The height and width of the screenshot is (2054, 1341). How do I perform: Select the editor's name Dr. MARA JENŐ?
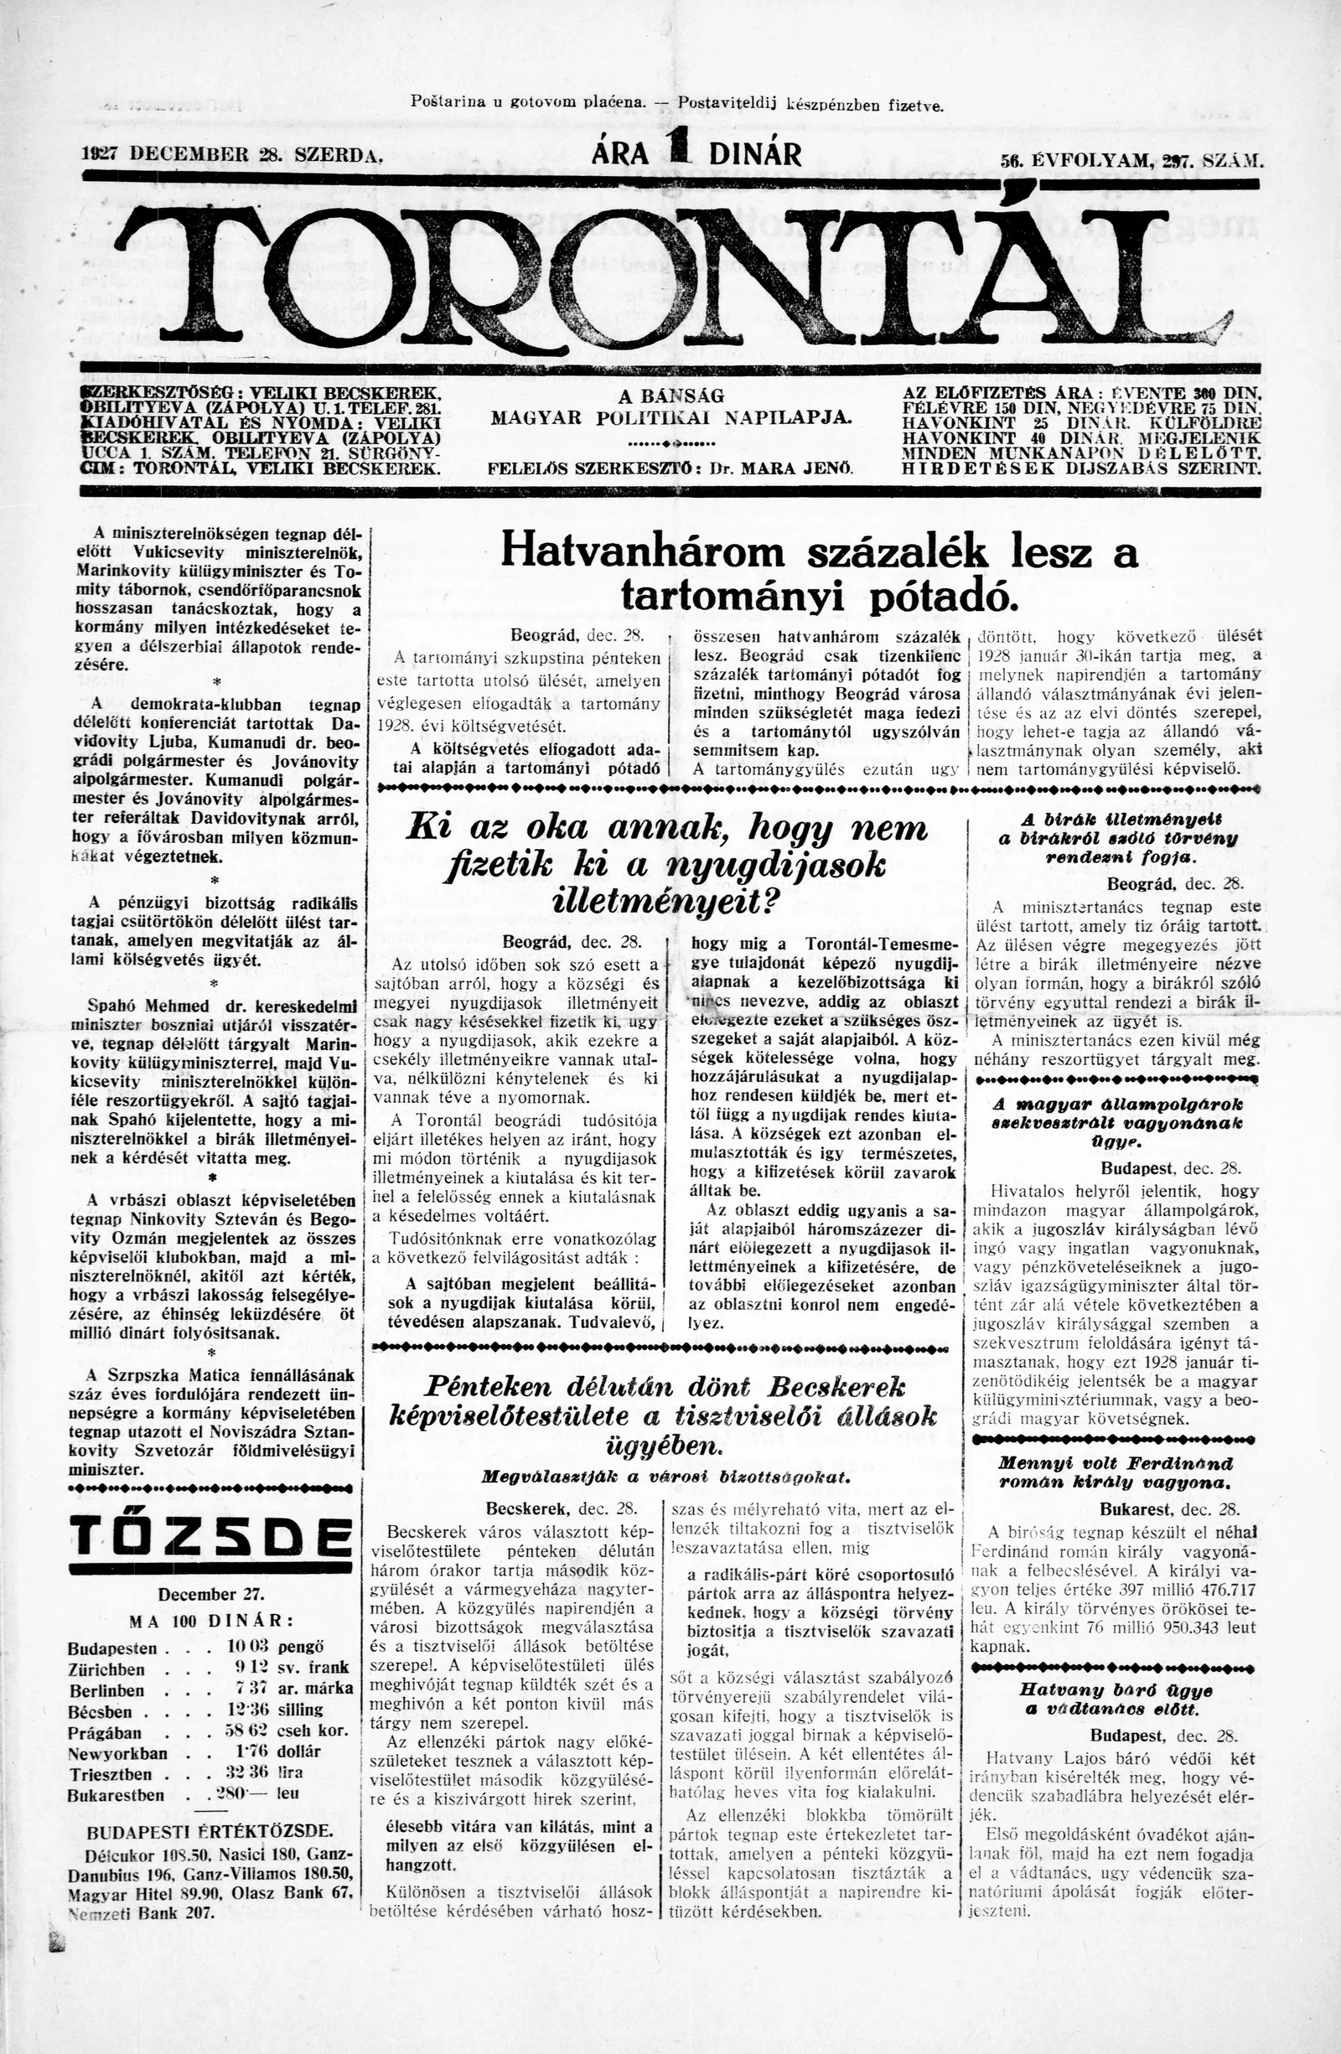(x=780, y=470)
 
